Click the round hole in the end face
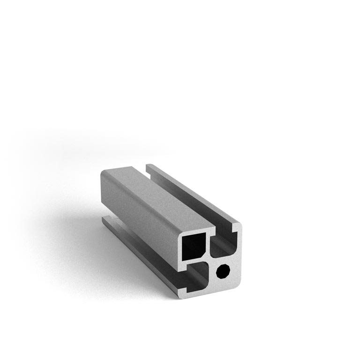coord(224,271)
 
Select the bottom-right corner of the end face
coord(239,284)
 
